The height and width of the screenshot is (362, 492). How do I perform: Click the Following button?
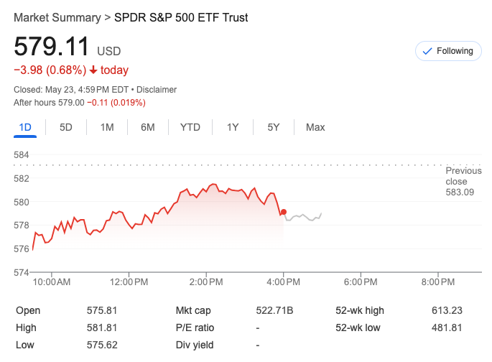(x=448, y=51)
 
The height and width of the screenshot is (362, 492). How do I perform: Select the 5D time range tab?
(x=66, y=127)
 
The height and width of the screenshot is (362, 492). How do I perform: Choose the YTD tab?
(x=190, y=127)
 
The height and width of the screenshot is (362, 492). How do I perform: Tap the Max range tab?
(x=315, y=127)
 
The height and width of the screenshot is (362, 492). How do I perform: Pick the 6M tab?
(x=148, y=127)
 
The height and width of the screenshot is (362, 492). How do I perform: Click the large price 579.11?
(x=52, y=47)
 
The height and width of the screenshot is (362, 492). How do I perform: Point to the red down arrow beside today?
(x=93, y=70)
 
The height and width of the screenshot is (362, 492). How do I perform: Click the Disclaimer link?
(x=156, y=90)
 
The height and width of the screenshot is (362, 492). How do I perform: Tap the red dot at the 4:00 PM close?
(x=284, y=213)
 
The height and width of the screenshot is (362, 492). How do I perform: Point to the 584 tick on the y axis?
(x=22, y=155)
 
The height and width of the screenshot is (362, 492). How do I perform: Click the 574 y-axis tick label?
(x=22, y=272)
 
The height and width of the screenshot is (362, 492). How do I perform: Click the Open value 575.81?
(x=101, y=310)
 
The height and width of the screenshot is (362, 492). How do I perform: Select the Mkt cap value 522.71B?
(x=275, y=310)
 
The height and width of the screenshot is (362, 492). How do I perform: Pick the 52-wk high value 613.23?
(x=447, y=310)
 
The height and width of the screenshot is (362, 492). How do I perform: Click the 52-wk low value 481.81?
(x=447, y=328)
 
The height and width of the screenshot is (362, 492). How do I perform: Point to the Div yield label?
(x=195, y=345)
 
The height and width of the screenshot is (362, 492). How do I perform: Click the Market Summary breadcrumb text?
(x=56, y=17)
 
